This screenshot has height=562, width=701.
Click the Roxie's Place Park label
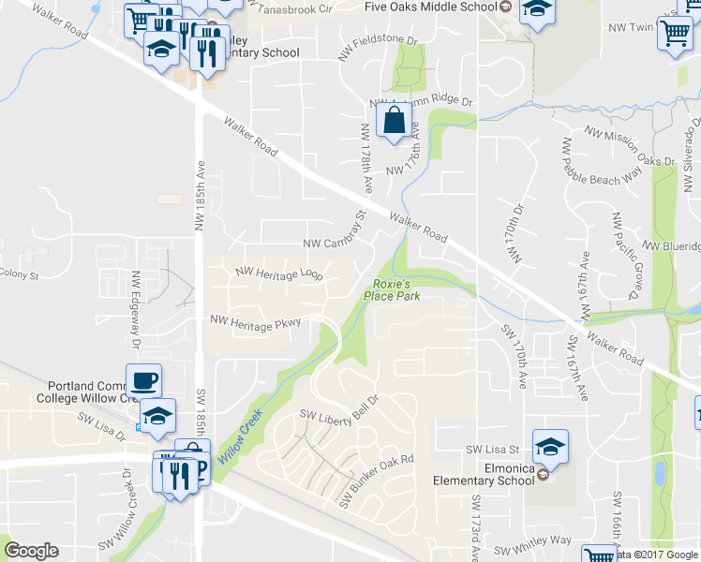393,289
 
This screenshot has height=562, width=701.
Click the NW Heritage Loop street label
279,274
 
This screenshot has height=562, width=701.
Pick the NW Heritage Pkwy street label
256,321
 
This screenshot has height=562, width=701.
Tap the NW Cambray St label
334,242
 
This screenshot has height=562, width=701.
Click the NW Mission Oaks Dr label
629,147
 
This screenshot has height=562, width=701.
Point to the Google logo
31,551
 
